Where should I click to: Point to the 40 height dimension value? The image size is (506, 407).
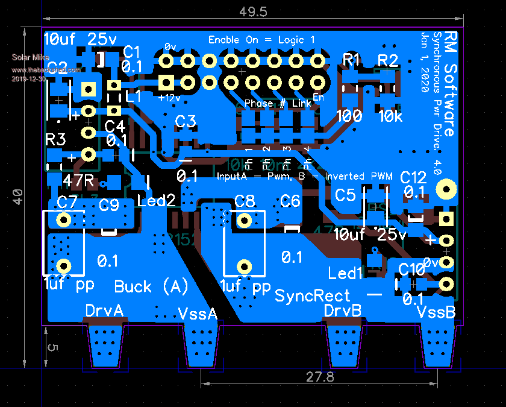pyautogui.click(x=18, y=197)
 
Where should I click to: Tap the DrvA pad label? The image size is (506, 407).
pyautogui.click(x=104, y=311)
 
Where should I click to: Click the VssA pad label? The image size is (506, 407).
pyautogui.click(x=198, y=314)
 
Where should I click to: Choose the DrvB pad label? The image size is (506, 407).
pyautogui.click(x=343, y=311)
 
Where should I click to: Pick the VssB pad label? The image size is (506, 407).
pyautogui.click(x=437, y=313)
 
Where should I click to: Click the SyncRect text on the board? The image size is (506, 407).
pyautogui.click(x=312, y=295)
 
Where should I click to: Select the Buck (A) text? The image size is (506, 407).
pyautogui.click(x=151, y=286)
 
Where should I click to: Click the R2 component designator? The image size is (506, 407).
pyautogui.click(x=388, y=60)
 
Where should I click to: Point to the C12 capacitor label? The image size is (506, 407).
pyautogui.click(x=413, y=177)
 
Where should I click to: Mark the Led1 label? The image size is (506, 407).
pyautogui.click(x=345, y=273)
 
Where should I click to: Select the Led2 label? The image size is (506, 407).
pyautogui.click(x=156, y=200)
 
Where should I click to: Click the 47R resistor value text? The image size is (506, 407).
pyautogui.click(x=79, y=180)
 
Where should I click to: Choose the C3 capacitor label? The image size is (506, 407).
pyautogui.click(x=186, y=121)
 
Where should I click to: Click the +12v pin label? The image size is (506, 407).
pyautogui.click(x=169, y=96)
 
